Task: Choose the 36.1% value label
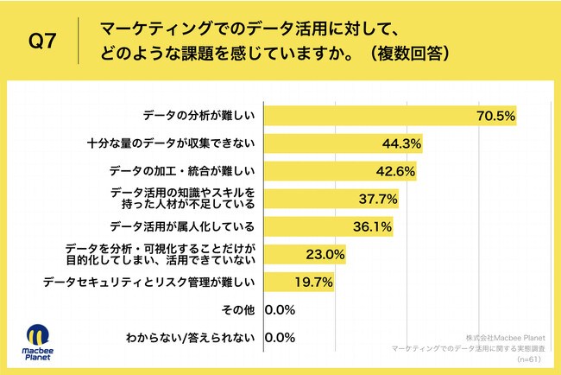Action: coord(373,227)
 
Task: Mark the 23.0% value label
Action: coord(326,255)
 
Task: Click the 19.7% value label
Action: coord(314,283)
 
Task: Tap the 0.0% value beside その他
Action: coord(281,310)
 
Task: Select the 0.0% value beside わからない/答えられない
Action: coord(281,338)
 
